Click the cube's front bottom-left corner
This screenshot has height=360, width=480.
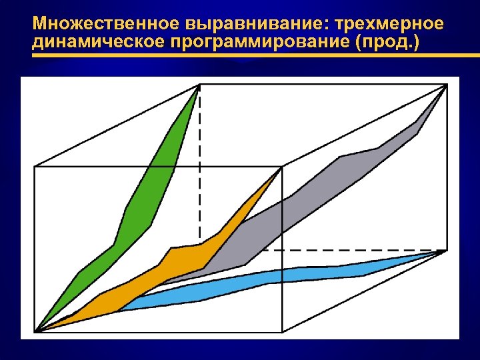(35, 331)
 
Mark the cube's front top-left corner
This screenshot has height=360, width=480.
(35, 167)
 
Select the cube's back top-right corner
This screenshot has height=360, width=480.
(445, 85)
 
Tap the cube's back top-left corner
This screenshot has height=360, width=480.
(199, 85)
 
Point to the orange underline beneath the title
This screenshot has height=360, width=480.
(233, 57)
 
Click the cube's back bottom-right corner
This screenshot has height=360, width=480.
(445, 251)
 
